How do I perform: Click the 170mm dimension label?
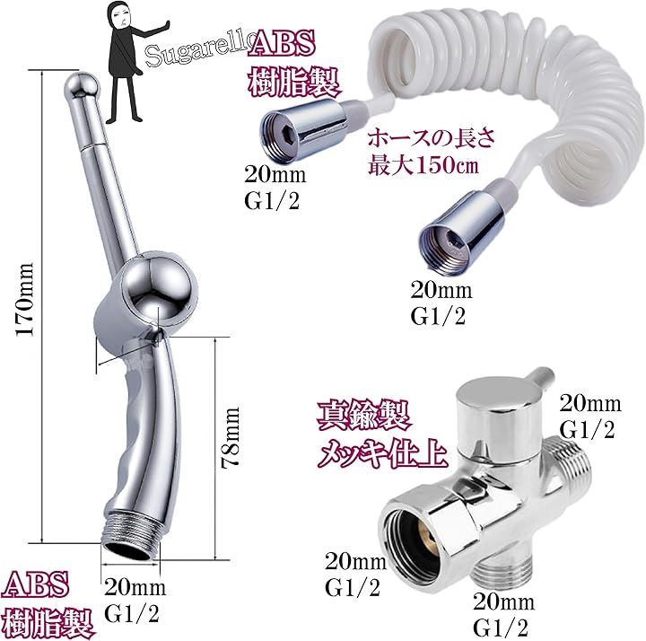tap(25, 299)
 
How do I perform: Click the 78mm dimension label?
tap(231, 437)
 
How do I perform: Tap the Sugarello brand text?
tap(197, 51)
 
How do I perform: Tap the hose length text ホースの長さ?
tap(432, 138)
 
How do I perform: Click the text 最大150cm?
tap(423, 163)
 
